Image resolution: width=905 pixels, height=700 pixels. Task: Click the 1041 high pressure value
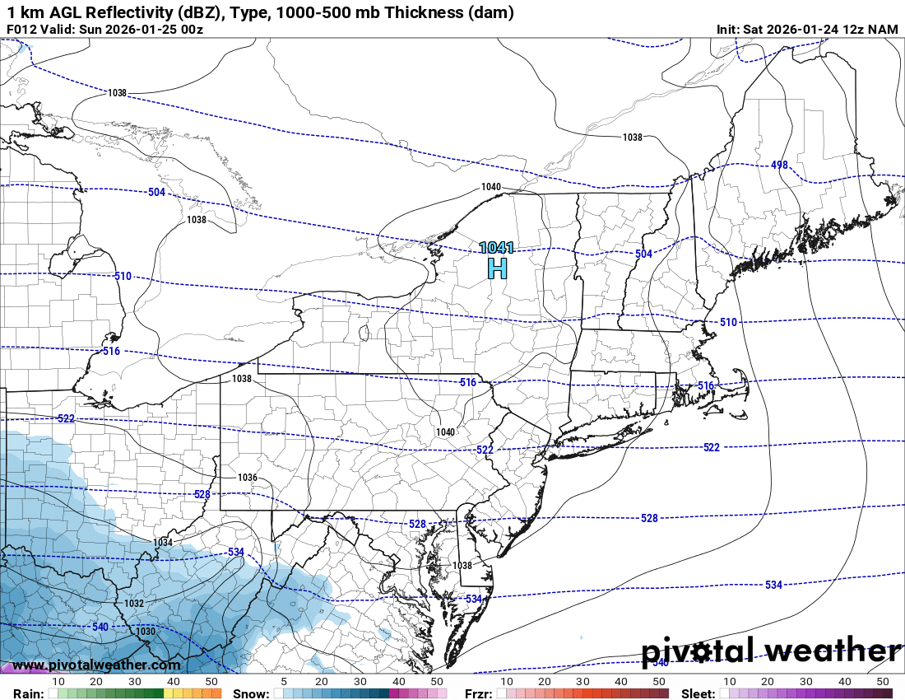[x=497, y=247]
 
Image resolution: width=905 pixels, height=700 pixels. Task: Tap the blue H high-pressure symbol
[x=498, y=268]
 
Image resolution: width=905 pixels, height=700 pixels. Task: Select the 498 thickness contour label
[x=779, y=166]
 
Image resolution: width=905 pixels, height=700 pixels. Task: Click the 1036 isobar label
[x=248, y=478]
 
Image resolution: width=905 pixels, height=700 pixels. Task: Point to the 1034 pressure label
[x=163, y=543]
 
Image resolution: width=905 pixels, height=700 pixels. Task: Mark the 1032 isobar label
[x=134, y=604]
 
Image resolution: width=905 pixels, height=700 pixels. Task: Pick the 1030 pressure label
[x=146, y=632]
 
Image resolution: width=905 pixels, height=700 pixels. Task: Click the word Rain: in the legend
[x=28, y=693]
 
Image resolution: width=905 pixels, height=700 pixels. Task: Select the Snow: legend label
[x=250, y=693]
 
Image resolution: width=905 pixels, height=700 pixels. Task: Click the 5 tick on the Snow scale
[x=284, y=682]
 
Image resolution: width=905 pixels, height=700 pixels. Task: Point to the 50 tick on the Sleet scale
[x=883, y=682]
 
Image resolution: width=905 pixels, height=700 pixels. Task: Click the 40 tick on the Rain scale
[x=174, y=682]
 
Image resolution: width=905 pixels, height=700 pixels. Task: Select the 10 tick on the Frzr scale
[x=506, y=682]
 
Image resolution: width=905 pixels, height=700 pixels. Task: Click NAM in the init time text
[x=884, y=30]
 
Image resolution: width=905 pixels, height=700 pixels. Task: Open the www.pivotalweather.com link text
[x=96, y=665]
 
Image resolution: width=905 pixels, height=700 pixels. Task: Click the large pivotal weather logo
[x=771, y=651]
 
